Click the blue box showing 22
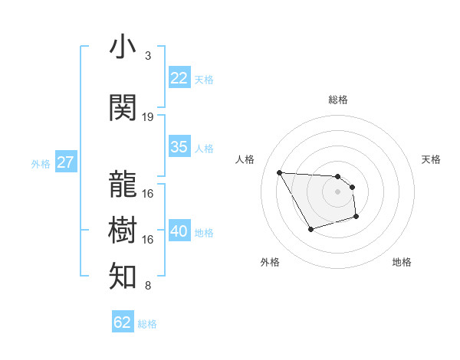click(x=179, y=78)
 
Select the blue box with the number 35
click(x=179, y=147)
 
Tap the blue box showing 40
click(x=179, y=231)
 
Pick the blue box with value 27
click(x=65, y=162)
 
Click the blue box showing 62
click(x=123, y=322)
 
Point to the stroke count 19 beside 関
click(x=148, y=117)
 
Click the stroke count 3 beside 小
click(x=148, y=56)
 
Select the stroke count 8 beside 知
click(x=148, y=286)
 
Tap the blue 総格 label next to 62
click(x=147, y=324)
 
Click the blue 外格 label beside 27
click(x=40, y=163)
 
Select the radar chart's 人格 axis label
click(x=245, y=159)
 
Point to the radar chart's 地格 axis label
click(x=402, y=262)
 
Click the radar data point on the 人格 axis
click(x=279, y=172)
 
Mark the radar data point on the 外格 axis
click(x=310, y=229)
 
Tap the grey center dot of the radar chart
click(x=337, y=191)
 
